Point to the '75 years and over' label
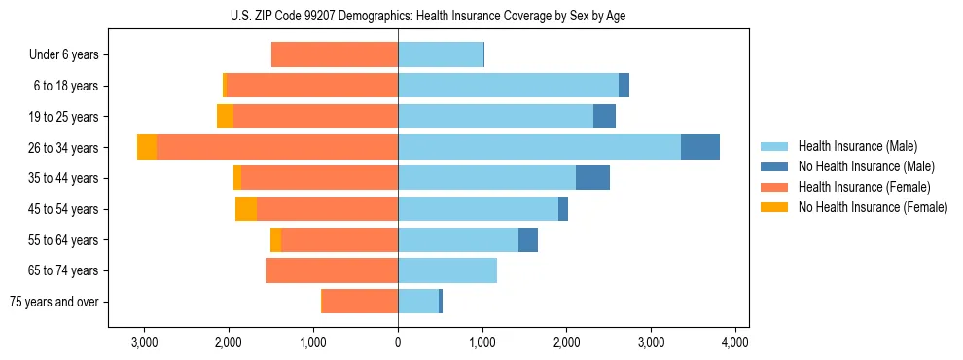coord(53,302)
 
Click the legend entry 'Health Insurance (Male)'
coord(857,146)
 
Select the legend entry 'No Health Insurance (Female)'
coord(873,207)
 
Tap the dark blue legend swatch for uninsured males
coord(774,166)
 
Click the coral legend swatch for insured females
coord(774,187)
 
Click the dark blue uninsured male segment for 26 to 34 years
coord(700,147)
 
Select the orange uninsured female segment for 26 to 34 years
coord(147,147)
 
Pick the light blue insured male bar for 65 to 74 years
coord(447,270)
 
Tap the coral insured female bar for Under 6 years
coord(335,54)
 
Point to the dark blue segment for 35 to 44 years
coord(592,178)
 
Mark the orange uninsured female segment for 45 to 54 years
coord(246,209)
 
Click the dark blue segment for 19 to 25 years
coord(604,117)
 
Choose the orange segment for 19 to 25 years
coord(225,117)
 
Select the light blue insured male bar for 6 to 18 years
coord(508,86)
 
